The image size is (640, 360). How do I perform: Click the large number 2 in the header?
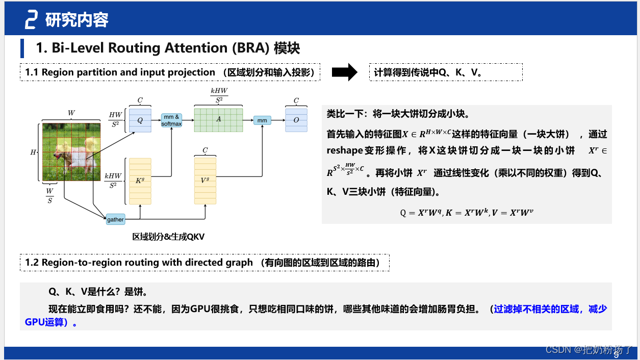31,20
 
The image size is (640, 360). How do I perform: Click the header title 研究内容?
77,20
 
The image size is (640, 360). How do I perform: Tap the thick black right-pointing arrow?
345,72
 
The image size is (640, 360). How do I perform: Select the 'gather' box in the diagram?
115,219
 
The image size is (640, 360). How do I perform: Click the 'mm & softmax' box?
171,120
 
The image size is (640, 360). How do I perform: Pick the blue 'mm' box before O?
262,120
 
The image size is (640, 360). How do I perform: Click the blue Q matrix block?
140,120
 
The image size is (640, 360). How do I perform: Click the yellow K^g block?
140,181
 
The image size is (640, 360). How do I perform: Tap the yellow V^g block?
205,181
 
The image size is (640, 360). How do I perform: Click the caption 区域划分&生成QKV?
168,237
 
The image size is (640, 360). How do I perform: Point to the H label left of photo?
33,152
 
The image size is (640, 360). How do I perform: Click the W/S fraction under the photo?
49,196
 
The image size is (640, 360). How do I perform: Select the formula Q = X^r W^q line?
466,213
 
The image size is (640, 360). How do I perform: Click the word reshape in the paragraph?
344,150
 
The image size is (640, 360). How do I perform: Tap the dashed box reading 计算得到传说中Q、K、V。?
446,72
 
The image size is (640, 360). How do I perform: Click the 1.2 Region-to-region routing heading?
204,263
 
